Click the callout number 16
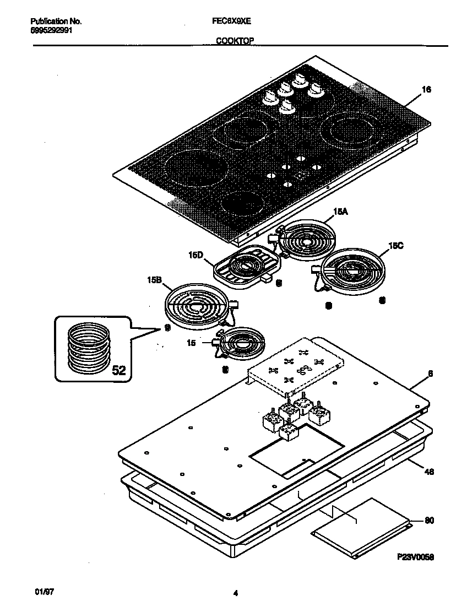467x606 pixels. (x=426, y=90)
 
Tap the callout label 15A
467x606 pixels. (x=341, y=212)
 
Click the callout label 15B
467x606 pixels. (x=154, y=280)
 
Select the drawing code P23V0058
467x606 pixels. (x=416, y=557)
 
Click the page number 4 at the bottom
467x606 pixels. (x=235, y=593)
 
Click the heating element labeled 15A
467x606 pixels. (x=306, y=240)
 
